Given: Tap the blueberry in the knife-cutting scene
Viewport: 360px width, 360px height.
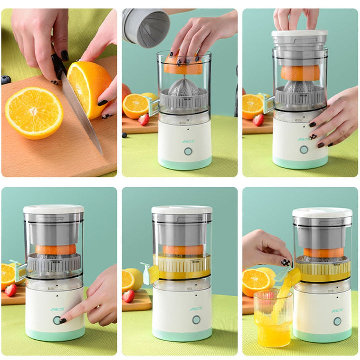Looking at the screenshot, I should pos(6,79).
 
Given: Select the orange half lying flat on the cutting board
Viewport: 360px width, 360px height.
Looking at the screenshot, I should pos(34,112).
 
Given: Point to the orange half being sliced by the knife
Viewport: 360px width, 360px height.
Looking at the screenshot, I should pos(89,88).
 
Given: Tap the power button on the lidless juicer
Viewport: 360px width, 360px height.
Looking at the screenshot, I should pos(188,151).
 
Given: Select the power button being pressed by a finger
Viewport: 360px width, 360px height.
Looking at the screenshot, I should pos(57,320).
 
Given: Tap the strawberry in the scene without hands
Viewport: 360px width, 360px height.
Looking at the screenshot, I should pos(128,296).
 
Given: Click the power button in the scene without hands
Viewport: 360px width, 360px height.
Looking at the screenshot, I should pos(196,320).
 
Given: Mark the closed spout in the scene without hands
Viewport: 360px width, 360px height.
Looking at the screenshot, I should pos(149,273).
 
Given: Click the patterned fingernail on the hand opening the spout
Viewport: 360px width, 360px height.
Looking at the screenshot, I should pos(285,262).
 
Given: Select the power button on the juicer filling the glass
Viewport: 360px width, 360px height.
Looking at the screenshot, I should pos(338,321).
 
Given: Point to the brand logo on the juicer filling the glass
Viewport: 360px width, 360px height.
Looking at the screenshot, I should pos(337,309).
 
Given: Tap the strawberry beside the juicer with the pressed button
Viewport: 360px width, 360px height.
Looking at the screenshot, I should pos(10,290).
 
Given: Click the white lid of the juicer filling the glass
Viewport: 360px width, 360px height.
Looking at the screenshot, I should pos(322,213).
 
